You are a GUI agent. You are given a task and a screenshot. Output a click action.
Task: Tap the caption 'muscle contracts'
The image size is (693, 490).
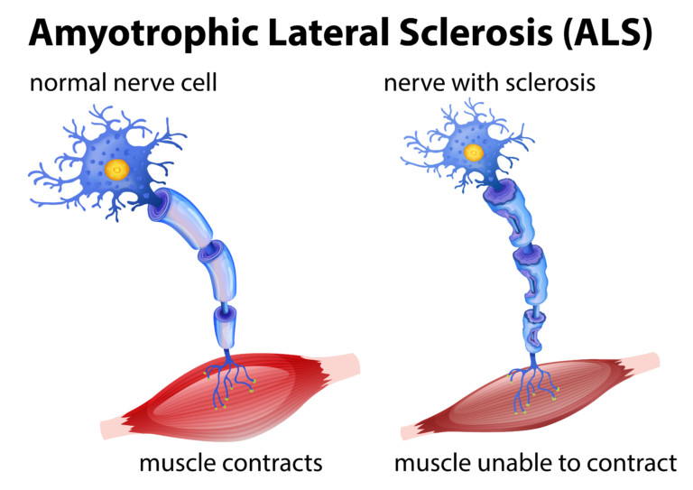click(x=230, y=463)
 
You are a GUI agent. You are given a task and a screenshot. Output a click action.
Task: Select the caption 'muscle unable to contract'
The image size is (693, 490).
click(x=535, y=463)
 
